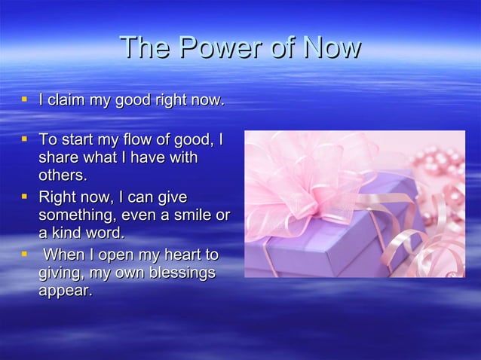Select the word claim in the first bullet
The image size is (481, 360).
(69, 100)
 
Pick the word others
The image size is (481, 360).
(63, 176)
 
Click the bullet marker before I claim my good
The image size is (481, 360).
(24, 99)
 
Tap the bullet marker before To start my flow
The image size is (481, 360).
(24, 139)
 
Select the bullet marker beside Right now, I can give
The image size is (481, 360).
(24, 197)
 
